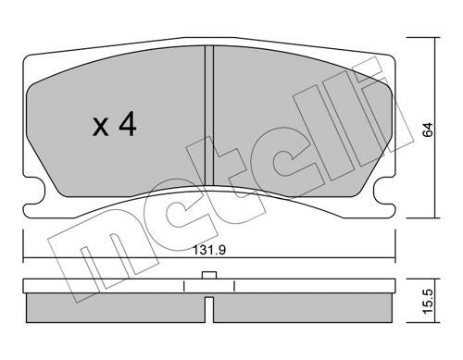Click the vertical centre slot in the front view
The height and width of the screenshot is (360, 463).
(x=209, y=117)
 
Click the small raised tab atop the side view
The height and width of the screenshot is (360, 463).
(x=209, y=275)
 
